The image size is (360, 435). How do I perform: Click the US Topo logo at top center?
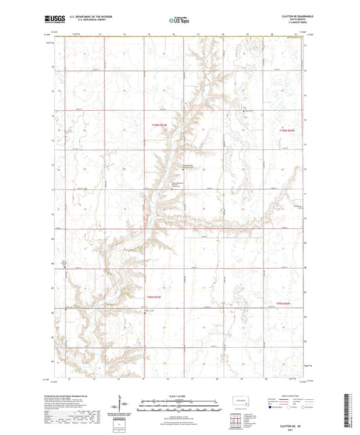(x=178, y=21)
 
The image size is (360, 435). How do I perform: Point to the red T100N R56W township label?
(x=287, y=130)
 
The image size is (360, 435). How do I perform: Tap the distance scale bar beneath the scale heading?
(x=178, y=407)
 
